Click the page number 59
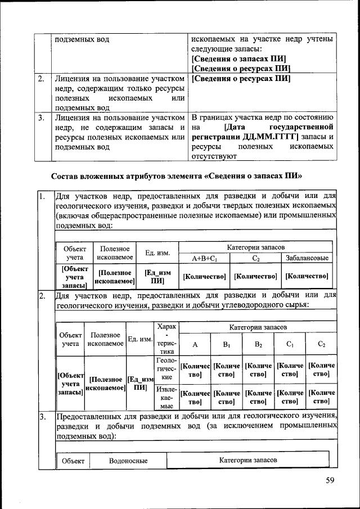pos(330,480)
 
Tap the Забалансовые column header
pos(307,258)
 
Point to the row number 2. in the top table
pos(42,79)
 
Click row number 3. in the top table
pos(42,118)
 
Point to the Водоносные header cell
pos(129,461)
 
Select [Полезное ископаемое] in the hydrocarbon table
pos(105,384)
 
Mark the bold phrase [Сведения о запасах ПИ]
pos(239,58)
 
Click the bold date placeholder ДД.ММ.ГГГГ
pos(271,137)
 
